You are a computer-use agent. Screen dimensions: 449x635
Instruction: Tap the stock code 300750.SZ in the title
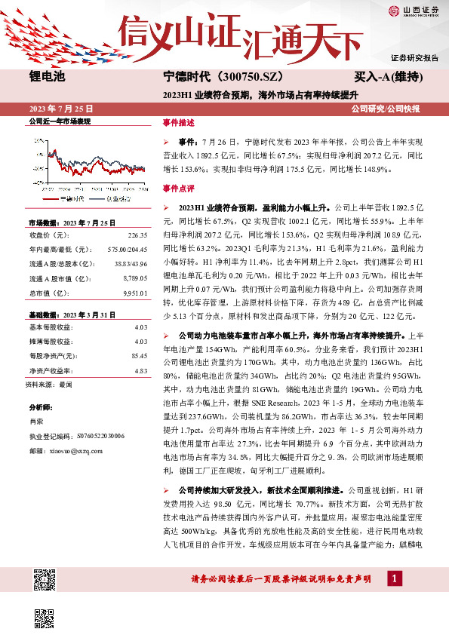(x=242, y=77)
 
